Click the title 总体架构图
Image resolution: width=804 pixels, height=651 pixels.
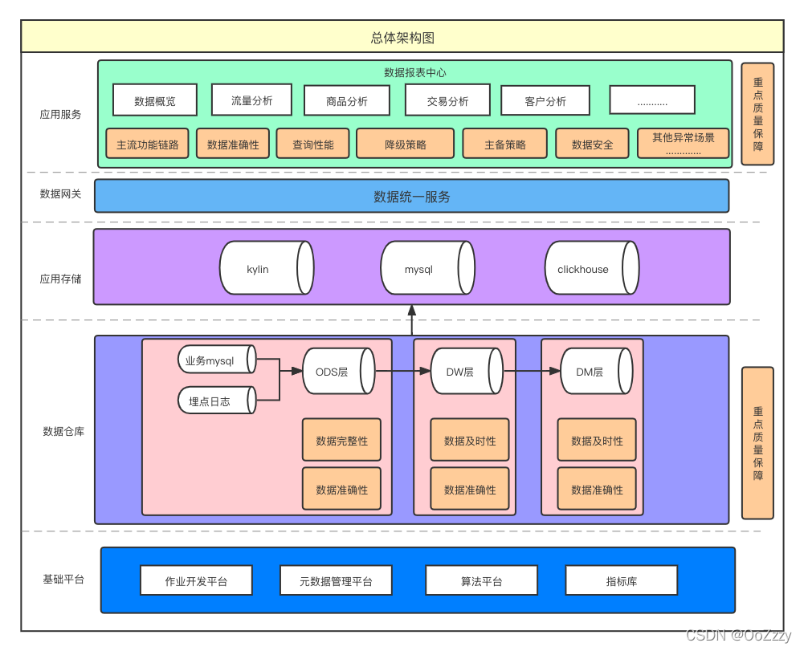[402, 38]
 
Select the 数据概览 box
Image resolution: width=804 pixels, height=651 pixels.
[155, 100]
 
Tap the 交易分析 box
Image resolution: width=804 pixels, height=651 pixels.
[447, 101]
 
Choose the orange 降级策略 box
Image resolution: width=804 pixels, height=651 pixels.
[406, 144]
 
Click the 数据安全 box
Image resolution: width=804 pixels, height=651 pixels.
[592, 144]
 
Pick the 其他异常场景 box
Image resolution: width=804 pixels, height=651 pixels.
[683, 143]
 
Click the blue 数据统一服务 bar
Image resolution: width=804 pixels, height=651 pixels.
[411, 196]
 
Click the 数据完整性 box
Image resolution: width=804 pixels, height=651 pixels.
[341, 441]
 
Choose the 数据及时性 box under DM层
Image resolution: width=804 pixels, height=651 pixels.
[597, 441]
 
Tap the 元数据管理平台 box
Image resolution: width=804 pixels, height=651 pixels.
[336, 580]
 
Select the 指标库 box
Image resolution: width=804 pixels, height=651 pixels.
[621, 580]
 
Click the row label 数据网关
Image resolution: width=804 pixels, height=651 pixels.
[61, 194]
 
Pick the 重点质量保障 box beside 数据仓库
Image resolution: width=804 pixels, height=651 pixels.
[757, 443]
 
